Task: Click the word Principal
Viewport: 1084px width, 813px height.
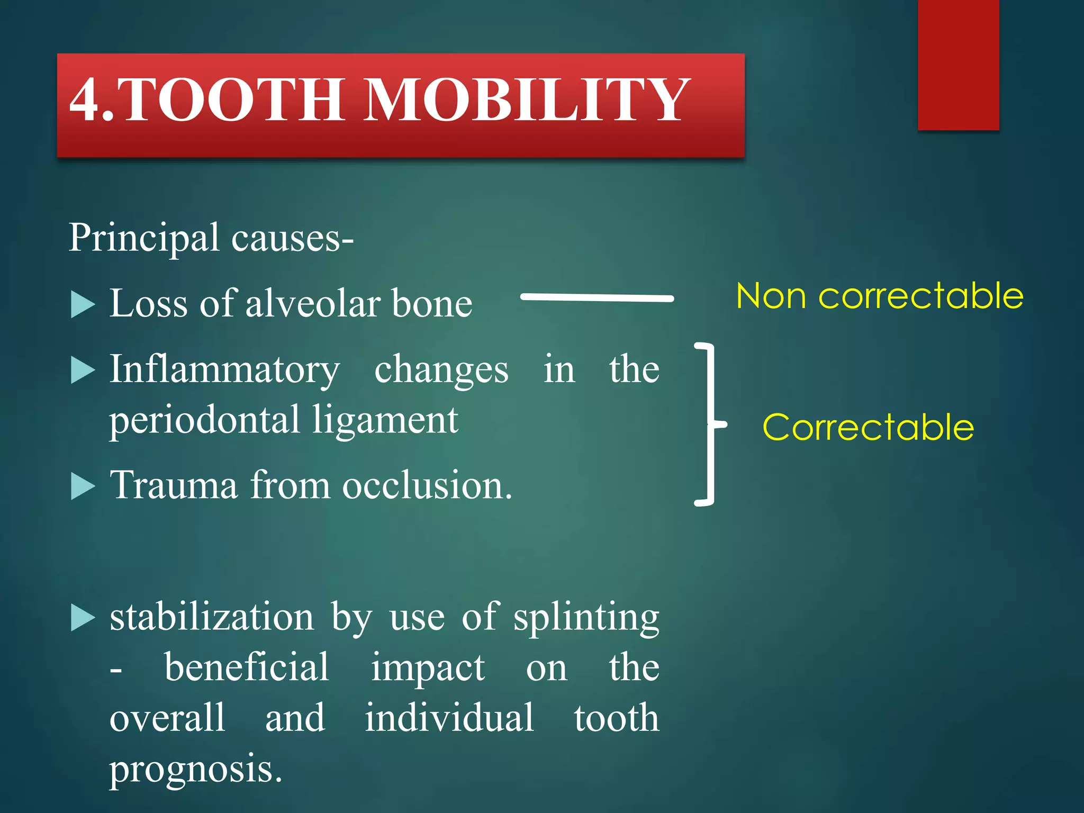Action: click(143, 238)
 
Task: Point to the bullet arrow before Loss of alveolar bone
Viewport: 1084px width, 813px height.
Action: click(82, 305)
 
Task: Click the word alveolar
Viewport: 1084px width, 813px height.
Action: click(313, 304)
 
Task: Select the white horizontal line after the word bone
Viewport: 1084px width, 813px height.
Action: click(597, 297)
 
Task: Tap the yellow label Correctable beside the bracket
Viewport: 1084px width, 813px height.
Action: click(868, 428)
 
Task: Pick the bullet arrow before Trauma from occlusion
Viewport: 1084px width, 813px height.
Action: click(82, 486)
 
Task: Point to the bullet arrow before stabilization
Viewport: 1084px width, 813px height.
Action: click(82, 618)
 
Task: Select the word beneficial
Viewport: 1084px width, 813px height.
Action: click(247, 668)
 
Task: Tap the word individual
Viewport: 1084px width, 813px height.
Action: click(449, 719)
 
